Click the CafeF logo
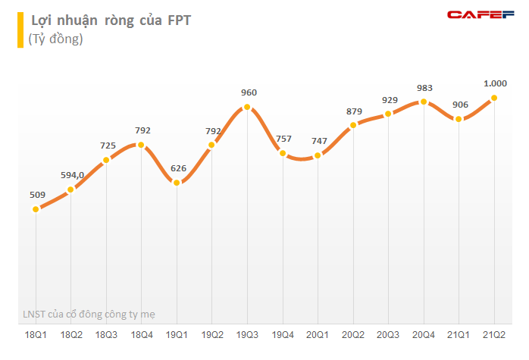tap(481, 14)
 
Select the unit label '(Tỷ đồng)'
tap(55, 39)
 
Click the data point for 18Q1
tap(36, 209)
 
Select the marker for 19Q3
tap(247, 108)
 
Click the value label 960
tap(249, 92)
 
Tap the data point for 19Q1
tap(177, 183)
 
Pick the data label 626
tap(177, 167)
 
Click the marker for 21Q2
tap(494, 98)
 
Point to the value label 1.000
tap(495, 83)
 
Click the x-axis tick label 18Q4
tap(142, 333)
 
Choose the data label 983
tap(424, 86)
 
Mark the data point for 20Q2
tap(353, 125)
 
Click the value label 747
tap(319, 141)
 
